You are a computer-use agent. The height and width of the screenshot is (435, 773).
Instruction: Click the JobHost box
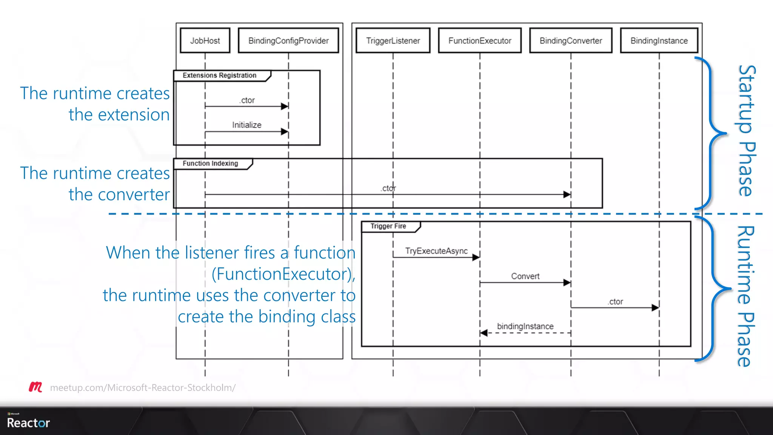click(x=205, y=41)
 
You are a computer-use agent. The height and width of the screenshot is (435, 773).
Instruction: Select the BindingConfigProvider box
click(x=288, y=41)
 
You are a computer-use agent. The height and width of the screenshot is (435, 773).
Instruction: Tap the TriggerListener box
click(x=393, y=41)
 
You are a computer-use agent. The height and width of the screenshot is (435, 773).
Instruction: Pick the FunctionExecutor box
click(x=480, y=41)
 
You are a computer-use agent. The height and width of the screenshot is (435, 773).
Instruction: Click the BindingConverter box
click(x=571, y=41)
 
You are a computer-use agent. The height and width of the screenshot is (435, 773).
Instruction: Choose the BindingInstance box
click(x=659, y=41)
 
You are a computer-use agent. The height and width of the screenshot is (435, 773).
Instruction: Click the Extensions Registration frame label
click(x=219, y=76)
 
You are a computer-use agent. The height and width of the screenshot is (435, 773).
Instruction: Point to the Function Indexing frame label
click(x=210, y=164)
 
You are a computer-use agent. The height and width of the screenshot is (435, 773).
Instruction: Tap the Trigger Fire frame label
click(x=388, y=226)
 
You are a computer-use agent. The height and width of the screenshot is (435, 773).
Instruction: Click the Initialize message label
click(x=246, y=125)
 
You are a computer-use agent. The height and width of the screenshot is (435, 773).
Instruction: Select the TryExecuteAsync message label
click(x=436, y=251)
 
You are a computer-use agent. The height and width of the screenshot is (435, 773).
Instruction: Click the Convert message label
click(x=525, y=276)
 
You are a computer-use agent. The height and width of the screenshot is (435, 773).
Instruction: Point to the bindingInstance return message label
click(x=525, y=326)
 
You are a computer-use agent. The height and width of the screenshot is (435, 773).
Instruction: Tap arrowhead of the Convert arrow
click(x=567, y=282)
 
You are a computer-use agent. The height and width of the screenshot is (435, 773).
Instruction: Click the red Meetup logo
click(x=35, y=387)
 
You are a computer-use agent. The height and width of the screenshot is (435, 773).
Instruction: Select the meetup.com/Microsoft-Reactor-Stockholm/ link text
click(x=143, y=388)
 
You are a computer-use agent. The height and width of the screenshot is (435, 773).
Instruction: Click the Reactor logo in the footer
click(x=28, y=422)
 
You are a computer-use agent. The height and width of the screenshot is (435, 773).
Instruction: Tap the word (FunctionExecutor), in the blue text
click(x=283, y=274)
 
